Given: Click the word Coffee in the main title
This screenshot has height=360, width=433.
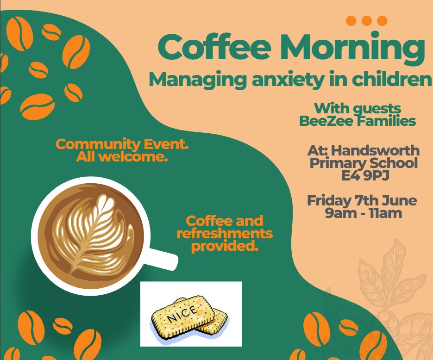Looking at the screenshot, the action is coord(214,47).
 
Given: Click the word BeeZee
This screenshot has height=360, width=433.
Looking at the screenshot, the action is coord(326,121).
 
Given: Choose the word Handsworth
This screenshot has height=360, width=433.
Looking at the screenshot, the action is coord(375,151).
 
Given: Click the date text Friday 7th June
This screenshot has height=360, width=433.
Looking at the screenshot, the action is coord(362,200).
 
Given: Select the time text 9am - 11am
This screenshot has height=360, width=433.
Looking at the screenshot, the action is coord(364,213).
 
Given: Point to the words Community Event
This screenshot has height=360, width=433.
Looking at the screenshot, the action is coord(122,144).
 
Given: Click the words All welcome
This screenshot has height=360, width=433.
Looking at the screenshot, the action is coord(122,157).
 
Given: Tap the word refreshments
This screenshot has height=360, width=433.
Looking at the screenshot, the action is coord(225,234).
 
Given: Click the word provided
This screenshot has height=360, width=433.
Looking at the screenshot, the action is coord(225,246).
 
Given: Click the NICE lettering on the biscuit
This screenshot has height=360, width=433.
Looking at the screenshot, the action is coord(182,314).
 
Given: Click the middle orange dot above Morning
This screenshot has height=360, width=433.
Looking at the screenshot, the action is coord(367,21).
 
